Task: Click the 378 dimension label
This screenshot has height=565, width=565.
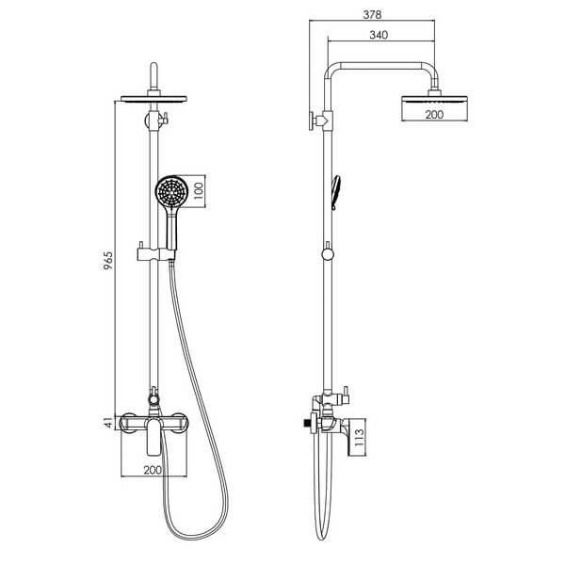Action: [372, 14]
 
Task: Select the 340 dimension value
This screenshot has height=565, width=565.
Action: [379, 35]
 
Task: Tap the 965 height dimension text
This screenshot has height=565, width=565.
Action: [108, 261]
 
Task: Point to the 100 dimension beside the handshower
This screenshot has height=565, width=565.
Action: [199, 191]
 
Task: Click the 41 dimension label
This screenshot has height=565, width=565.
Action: [108, 423]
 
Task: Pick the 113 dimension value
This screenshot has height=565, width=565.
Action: [360, 438]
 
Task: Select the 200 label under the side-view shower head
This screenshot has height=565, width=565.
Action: [434, 115]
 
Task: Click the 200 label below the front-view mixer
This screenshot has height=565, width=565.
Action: [153, 470]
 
